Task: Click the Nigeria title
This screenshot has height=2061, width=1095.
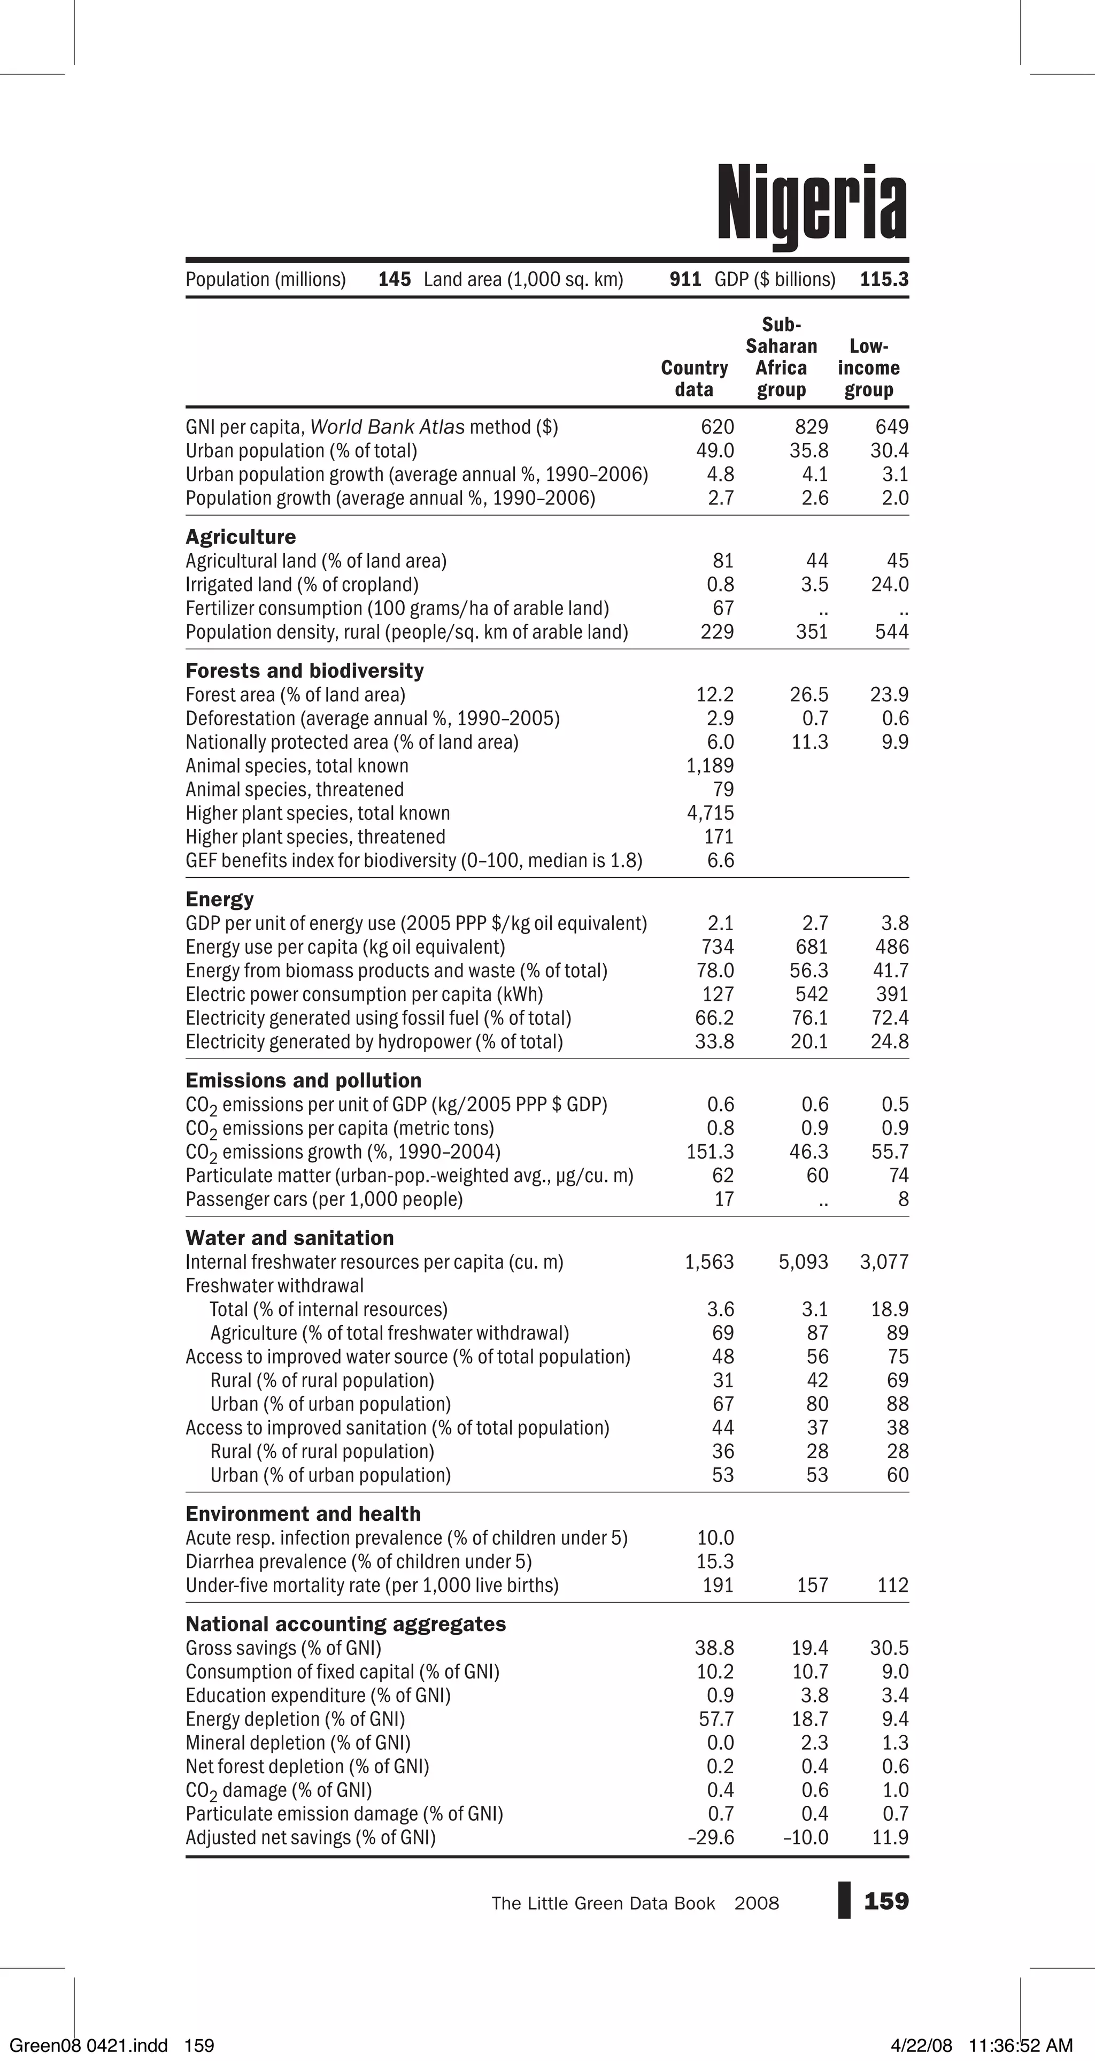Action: coord(811,204)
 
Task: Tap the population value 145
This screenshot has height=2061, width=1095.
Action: coord(395,279)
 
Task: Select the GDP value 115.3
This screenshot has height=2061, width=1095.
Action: coord(884,279)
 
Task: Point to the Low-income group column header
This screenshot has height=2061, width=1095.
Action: coord(869,368)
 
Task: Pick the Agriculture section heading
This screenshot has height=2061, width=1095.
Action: coord(240,537)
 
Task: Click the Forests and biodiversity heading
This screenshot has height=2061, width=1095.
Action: coord(304,670)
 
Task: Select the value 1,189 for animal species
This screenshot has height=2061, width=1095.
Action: coord(710,765)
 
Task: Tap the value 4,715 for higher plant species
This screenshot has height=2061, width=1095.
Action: coord(710,813)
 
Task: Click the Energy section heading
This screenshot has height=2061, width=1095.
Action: coord(219,899)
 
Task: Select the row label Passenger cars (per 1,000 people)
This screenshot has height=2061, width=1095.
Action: coord(324,1199)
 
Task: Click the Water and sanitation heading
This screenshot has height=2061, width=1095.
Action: coord(290,1238)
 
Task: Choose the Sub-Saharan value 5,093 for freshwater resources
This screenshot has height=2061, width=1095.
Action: coord(803,1262)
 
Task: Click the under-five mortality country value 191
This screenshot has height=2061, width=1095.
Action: coord(718,1585)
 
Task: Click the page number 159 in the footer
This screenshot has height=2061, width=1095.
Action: coord(886,1902)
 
